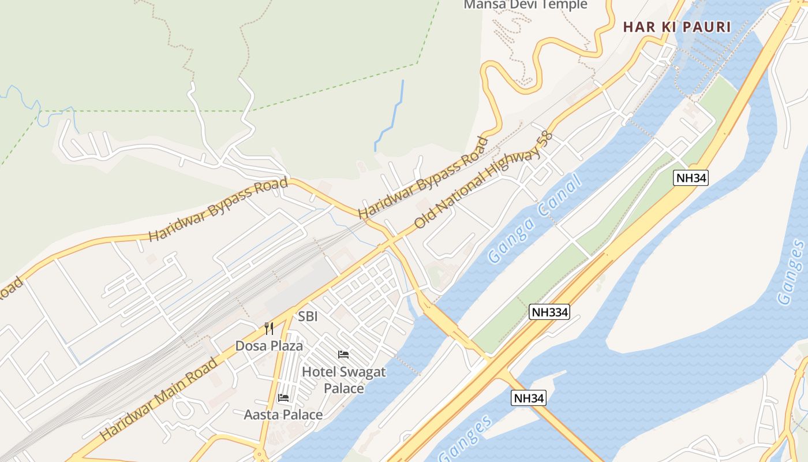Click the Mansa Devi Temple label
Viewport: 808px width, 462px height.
click(x=525, y=5)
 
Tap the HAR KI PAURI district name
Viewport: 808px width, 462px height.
click(x=677, y=27)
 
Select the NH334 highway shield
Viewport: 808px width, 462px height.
click(x=549, y=312)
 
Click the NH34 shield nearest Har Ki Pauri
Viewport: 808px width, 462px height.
click(x=691, y=178)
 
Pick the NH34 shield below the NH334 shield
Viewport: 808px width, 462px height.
click(x=528, y=398)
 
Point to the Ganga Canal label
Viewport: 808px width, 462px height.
click(x=534, y=221)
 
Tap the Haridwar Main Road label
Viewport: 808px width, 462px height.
click(x=159, y=398)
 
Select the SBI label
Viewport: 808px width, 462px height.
click(x=308, y=316)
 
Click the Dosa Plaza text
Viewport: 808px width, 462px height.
click(x=269, y=346)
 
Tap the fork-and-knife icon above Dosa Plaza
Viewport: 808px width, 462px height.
click(x=269, y=329)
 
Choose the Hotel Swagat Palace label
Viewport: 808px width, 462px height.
click(x=343, y=379)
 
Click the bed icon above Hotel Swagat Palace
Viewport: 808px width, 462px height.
click(x=343, y=354)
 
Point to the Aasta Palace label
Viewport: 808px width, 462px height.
click(x=283, y=415)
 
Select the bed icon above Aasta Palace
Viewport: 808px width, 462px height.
click(x=283, y=397)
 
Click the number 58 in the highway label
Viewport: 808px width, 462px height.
click(x=544, y=141)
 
